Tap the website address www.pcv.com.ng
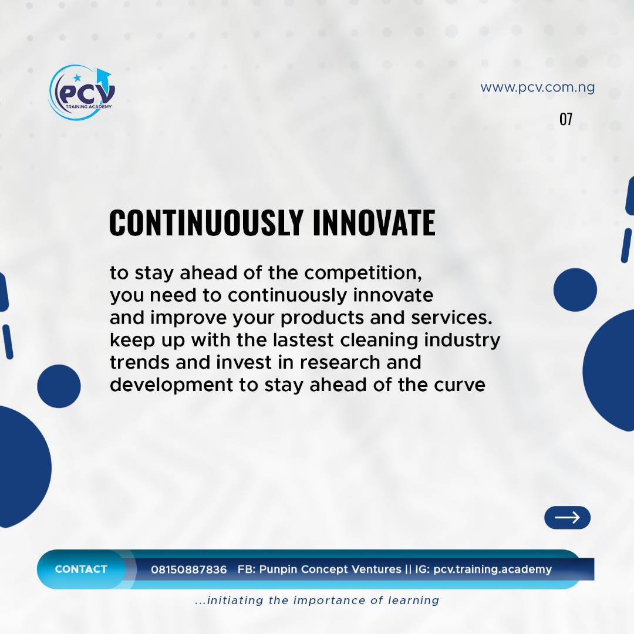click(537, 87)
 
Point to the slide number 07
click(566, 119)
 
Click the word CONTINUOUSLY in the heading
click(206, 222)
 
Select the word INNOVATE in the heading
click(374, 222)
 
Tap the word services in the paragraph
click(451, 318)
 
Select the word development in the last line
click(171, 385)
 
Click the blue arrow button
click(567, 518)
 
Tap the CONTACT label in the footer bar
click(81, 569)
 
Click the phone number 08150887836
click(189, 569)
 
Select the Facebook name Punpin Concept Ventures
click(330, 569)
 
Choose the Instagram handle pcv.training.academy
click(493, 569)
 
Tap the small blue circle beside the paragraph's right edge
click(575, 290)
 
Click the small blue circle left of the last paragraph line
click(59, 386)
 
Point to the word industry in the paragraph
click(462, 340)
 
